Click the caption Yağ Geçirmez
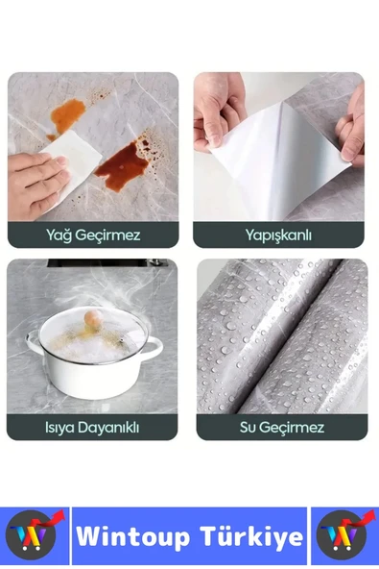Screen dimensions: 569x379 coord(93,235)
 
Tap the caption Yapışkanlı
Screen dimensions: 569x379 coord(278,235)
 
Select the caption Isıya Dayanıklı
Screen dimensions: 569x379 coord(92,427)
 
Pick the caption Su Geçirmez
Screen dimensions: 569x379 coord(282,427)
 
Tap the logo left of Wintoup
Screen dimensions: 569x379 coord(34,535)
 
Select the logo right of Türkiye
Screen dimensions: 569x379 coord(343,535)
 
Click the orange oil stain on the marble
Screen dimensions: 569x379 coord(67,114)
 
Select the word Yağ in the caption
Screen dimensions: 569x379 coord(59,235)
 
